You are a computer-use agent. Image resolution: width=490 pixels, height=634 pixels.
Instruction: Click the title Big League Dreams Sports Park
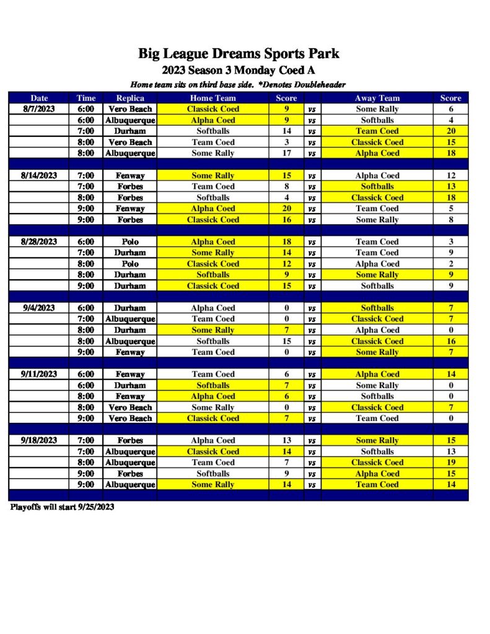click(x=238, y=54)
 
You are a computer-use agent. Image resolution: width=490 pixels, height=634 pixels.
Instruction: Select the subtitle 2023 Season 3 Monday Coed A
click(x=238, y=71)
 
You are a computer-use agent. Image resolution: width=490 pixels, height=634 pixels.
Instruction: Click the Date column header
click(x=39, y=98)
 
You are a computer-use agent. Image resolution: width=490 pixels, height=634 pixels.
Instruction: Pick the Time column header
click(x=86, y=98)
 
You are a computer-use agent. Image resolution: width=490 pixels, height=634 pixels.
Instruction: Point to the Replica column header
click(x=130, y=98)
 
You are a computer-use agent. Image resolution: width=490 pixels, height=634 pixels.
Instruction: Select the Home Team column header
click(x=212, y=98)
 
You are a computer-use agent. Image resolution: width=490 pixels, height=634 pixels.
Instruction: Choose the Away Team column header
click(x=377, y=98)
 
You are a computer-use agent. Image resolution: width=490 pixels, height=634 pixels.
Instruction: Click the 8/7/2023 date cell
click(x=39, y=109)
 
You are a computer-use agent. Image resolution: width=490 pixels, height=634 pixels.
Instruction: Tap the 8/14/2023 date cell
click(x=39, y=175)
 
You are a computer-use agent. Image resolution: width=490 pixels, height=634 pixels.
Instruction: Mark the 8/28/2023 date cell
click(x=39, y=241)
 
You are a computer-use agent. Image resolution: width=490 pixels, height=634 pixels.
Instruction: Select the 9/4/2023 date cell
click(x=39, y=308)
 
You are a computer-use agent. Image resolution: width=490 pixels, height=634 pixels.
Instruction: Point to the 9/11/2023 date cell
click(x=39, y=374)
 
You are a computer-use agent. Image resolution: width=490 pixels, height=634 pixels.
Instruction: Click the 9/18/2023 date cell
click(x=39, y=440)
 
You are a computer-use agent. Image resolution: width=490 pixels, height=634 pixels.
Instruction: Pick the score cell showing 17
click(x=286, y=153)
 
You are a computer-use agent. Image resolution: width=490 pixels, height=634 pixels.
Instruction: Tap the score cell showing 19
click(x=451, y=462)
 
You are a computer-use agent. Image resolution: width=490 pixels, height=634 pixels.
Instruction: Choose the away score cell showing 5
click(x=451, y=209)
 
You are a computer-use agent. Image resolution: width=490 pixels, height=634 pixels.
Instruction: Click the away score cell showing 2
click(x=451, y=264)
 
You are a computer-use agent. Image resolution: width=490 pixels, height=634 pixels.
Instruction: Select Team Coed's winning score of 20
click(x=451, y=131)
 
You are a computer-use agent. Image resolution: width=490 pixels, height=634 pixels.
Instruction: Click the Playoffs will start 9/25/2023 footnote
click(x=62, y=507)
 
